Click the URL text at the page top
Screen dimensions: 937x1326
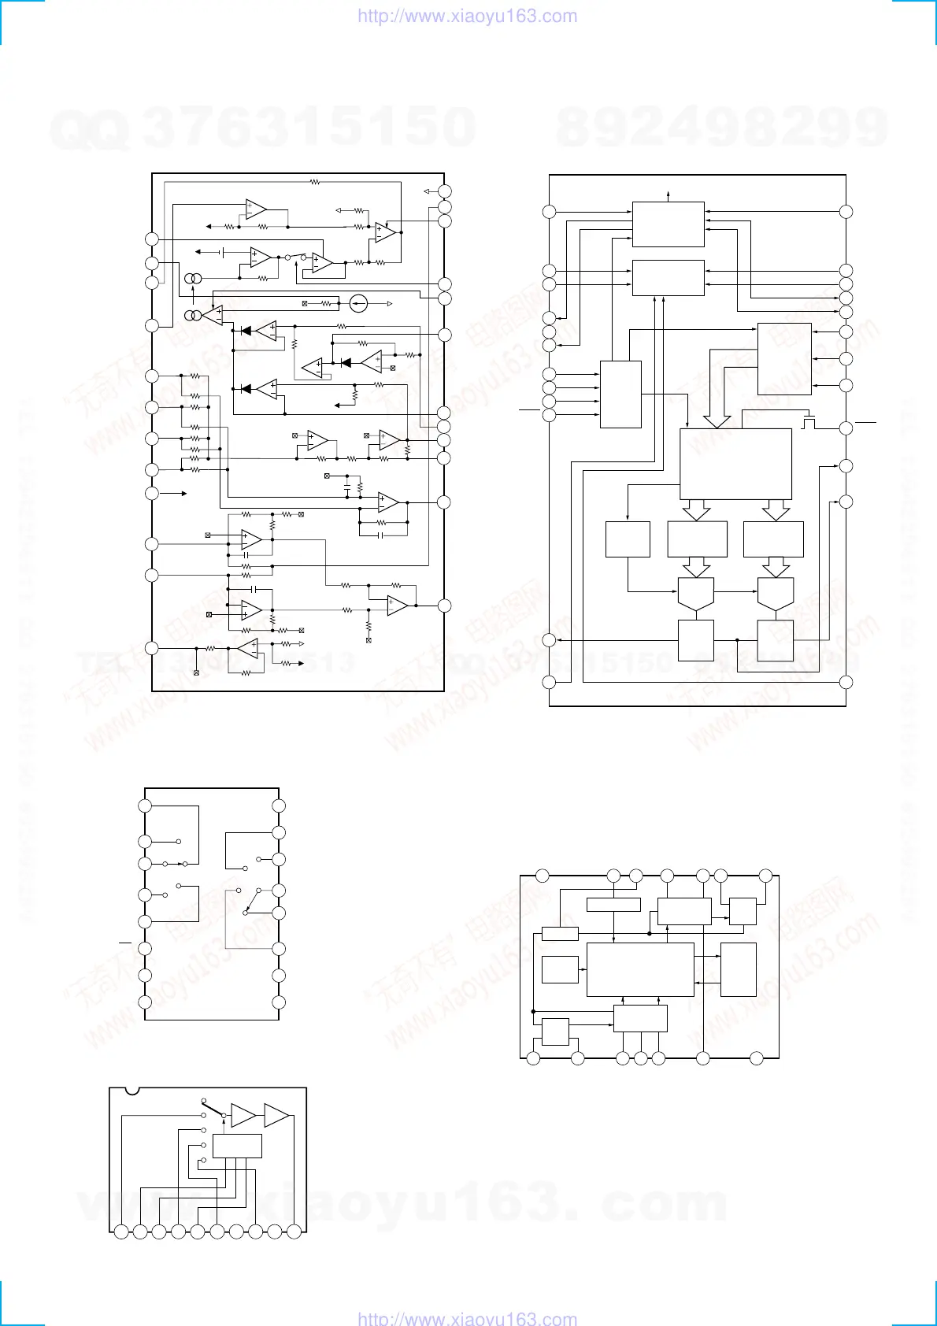tap(467, 17)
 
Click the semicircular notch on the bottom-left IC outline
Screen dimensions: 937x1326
tap(132, 1091)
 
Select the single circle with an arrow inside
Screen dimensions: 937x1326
tap(358, 303)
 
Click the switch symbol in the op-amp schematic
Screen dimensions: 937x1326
tap(295, 257)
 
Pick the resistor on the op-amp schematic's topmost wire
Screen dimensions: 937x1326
tap(314, 182)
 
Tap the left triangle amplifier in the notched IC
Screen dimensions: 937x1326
tap(243, 1116)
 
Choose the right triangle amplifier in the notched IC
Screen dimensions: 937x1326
tap(276, 1115)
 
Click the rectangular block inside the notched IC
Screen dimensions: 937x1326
tap(237, 1146)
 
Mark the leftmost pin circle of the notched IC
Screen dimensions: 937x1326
tap(120, 1232)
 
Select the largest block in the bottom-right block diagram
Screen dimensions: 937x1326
tap(640, 970)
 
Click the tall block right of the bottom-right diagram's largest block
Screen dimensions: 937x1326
tap(738, 969)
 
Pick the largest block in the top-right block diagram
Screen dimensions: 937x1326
tap(735, 464)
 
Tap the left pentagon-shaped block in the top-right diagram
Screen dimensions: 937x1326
tap(696, 594)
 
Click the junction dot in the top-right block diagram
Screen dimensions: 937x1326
tap(736, 640)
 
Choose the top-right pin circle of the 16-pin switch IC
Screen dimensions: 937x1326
tap(278, 806)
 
